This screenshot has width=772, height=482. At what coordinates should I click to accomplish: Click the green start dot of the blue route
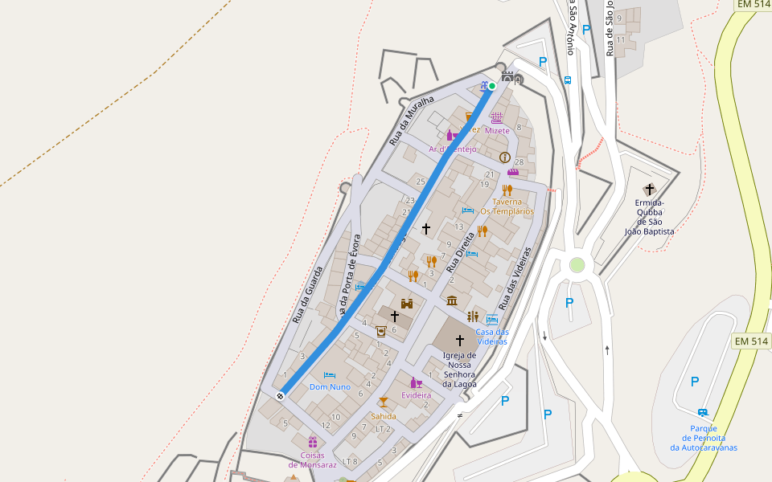pos(492,86)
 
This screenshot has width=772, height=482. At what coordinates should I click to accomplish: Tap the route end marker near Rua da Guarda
pos(281,395)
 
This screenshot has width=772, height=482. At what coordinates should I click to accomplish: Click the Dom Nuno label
pos(330,386)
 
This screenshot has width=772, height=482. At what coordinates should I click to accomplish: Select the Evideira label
pos(417,394)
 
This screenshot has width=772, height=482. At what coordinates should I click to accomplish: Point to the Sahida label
pos(383,416)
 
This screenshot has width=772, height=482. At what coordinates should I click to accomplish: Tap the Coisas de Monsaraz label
pos(312,460)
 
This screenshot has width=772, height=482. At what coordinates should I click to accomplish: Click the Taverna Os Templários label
pos(507,206)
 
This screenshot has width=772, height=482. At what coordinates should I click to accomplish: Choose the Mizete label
pos(497,130)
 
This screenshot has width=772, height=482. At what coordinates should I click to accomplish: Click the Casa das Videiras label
pos(492,337)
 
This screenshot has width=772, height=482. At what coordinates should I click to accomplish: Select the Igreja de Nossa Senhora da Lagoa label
pos(460,370)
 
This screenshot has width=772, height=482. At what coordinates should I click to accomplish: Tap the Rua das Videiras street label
pos(515,278)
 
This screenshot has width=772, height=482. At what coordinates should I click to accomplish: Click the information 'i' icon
pos(504,157)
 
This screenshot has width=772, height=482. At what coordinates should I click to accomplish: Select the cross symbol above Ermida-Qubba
pos(650,190)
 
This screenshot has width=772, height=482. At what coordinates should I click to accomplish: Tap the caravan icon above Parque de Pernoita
pos(703,413)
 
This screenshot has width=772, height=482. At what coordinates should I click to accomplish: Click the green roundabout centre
pos(577,265)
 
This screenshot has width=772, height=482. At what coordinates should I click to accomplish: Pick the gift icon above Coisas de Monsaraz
pos(312,442)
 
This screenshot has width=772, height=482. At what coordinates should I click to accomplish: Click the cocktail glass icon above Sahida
pos(383,402)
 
